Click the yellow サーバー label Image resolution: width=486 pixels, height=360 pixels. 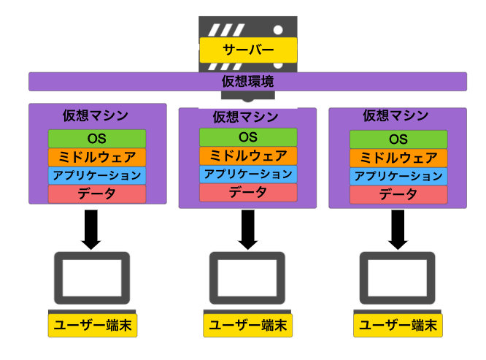tap(248, 50)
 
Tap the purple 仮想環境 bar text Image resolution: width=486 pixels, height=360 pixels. tap(247, 82)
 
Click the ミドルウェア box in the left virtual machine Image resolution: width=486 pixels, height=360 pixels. tap(97, 157)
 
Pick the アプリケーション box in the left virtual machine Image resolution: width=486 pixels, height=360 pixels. tap(97, 176)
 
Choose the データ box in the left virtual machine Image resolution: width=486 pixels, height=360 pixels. tap(97, 194)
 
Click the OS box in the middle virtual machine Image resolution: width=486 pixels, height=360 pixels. tap(248, 137)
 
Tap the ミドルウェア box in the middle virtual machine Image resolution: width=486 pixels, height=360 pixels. tap(248, 156)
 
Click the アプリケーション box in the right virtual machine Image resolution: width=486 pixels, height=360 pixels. tap(398, 176)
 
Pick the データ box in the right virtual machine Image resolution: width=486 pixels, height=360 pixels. tap(398, 195)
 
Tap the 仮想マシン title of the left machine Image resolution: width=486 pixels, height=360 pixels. tap(96, 115)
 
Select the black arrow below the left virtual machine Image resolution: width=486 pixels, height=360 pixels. tap(91, 229)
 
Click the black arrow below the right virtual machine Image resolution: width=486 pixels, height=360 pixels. tap(398, 229)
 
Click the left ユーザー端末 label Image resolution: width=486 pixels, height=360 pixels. tap(93, 326)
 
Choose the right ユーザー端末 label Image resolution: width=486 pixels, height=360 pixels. tap(398, 326)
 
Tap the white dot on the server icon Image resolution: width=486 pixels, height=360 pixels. tap(278, 30)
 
